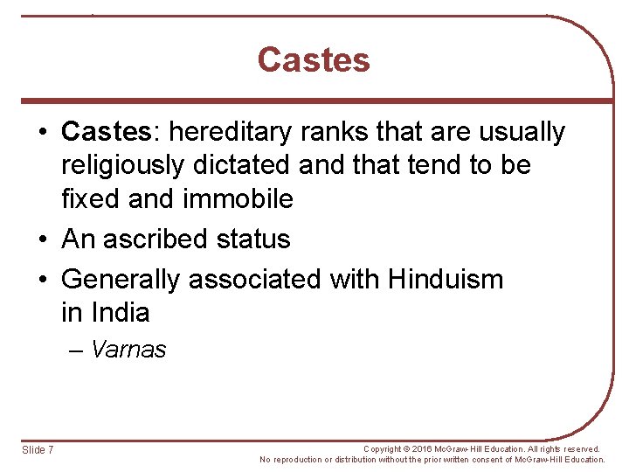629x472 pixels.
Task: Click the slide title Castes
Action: [x=314, y=60]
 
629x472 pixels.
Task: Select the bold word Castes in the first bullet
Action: [x=106, y=133]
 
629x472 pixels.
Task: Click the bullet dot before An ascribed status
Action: [x=43, y=239]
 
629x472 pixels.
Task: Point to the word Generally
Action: [x=122, y=280]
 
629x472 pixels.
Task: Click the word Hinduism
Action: [x=446, y=280]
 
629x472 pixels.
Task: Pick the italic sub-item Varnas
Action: [x=128, y=351]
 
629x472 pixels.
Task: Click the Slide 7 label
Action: [x=38, y=450]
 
